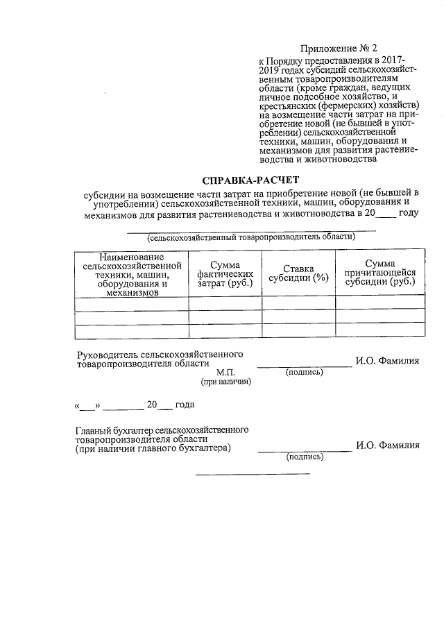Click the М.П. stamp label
coord(225,372)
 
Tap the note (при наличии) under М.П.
coord(225,382)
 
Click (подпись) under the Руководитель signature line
coord(305,372)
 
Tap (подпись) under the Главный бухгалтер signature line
coord(305,457)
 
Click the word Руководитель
coord(106,354)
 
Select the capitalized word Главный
coord(94,430)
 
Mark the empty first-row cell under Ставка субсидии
coord(298,303)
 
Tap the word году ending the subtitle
coord(409,213)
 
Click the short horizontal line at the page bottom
coord(253,475)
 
